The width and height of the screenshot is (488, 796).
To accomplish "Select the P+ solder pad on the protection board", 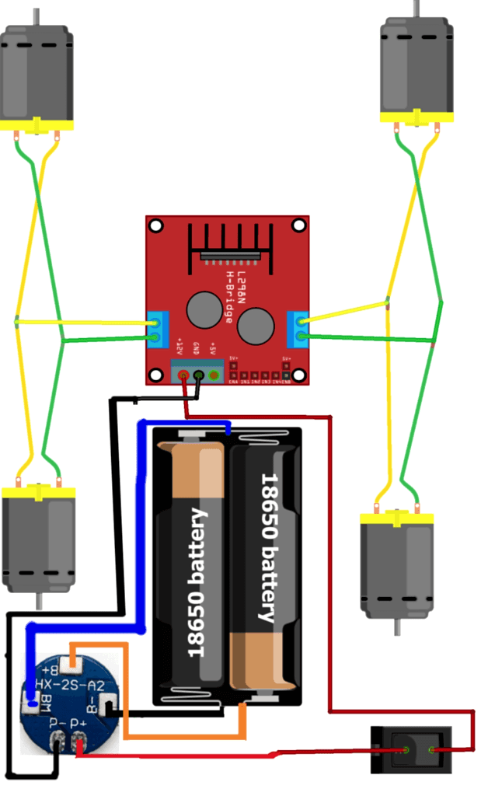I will [80, 744].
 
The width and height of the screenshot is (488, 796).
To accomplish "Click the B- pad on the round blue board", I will [107, 706].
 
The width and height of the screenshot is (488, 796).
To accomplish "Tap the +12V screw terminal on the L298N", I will [184, 376].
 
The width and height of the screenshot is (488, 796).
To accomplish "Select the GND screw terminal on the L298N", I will [199, 376].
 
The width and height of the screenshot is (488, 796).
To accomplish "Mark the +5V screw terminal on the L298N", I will [214, 376].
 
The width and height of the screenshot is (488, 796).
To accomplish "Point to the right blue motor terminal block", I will [298, 328].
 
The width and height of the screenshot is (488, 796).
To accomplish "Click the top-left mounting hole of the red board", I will [156, 226].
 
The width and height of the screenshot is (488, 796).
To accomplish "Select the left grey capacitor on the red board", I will [204, 310].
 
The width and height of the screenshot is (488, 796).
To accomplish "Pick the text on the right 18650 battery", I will [268, 548].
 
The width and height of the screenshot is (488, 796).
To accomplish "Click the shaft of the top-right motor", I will [417, 9].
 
